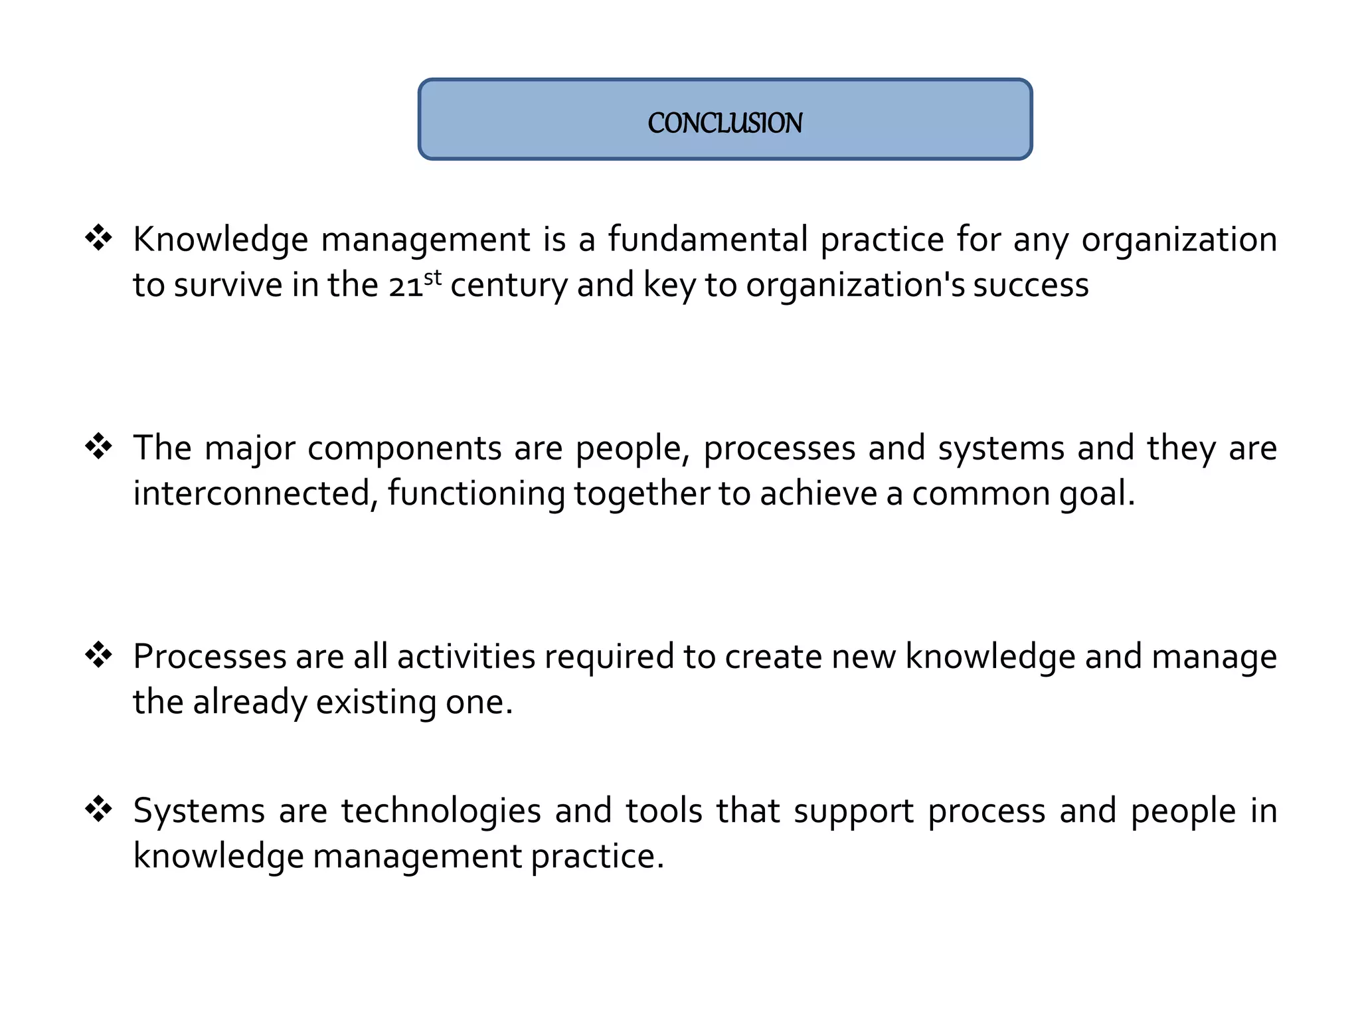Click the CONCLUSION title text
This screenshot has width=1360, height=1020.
724,123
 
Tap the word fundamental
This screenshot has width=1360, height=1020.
708,240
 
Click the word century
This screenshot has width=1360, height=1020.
509,286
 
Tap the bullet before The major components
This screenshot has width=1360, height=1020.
99,446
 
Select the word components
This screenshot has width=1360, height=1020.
404,449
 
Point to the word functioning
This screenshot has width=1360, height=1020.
476,495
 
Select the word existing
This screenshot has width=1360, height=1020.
376,703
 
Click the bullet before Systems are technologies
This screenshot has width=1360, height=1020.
99,809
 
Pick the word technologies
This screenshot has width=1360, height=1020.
441,812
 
